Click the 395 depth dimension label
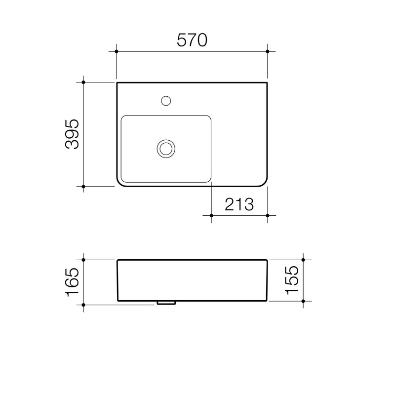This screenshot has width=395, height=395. (x=72, y=134)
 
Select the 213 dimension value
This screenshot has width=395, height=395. (x=239, y=204)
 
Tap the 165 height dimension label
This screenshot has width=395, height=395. (x=72, y=281)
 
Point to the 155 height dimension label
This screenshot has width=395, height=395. (x=291, y=280)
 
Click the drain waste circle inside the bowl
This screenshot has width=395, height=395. (x=165, y=148)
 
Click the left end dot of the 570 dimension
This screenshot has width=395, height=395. (x=117, y=51)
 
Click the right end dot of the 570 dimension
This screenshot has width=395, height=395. (x=268, y=51)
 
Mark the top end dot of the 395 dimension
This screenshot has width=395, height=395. (x=84, y=82)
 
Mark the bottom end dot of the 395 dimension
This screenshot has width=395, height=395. (x=84, y=187)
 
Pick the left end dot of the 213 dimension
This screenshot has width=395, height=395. (x=211, y=216)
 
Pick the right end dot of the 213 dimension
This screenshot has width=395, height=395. (x=268, y=216)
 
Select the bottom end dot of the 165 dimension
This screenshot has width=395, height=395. (x=84, y=305)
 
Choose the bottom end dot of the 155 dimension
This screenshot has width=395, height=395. (x=303, y=301)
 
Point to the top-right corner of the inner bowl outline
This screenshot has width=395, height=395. (x=209, y=118)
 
